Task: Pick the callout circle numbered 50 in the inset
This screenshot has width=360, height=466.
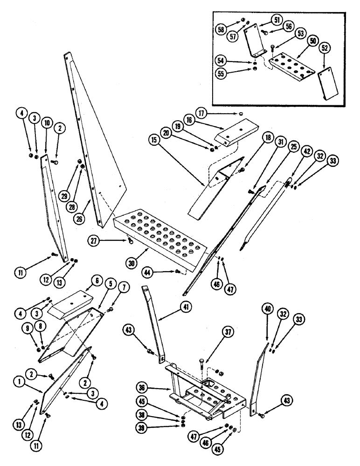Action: point(312,41)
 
